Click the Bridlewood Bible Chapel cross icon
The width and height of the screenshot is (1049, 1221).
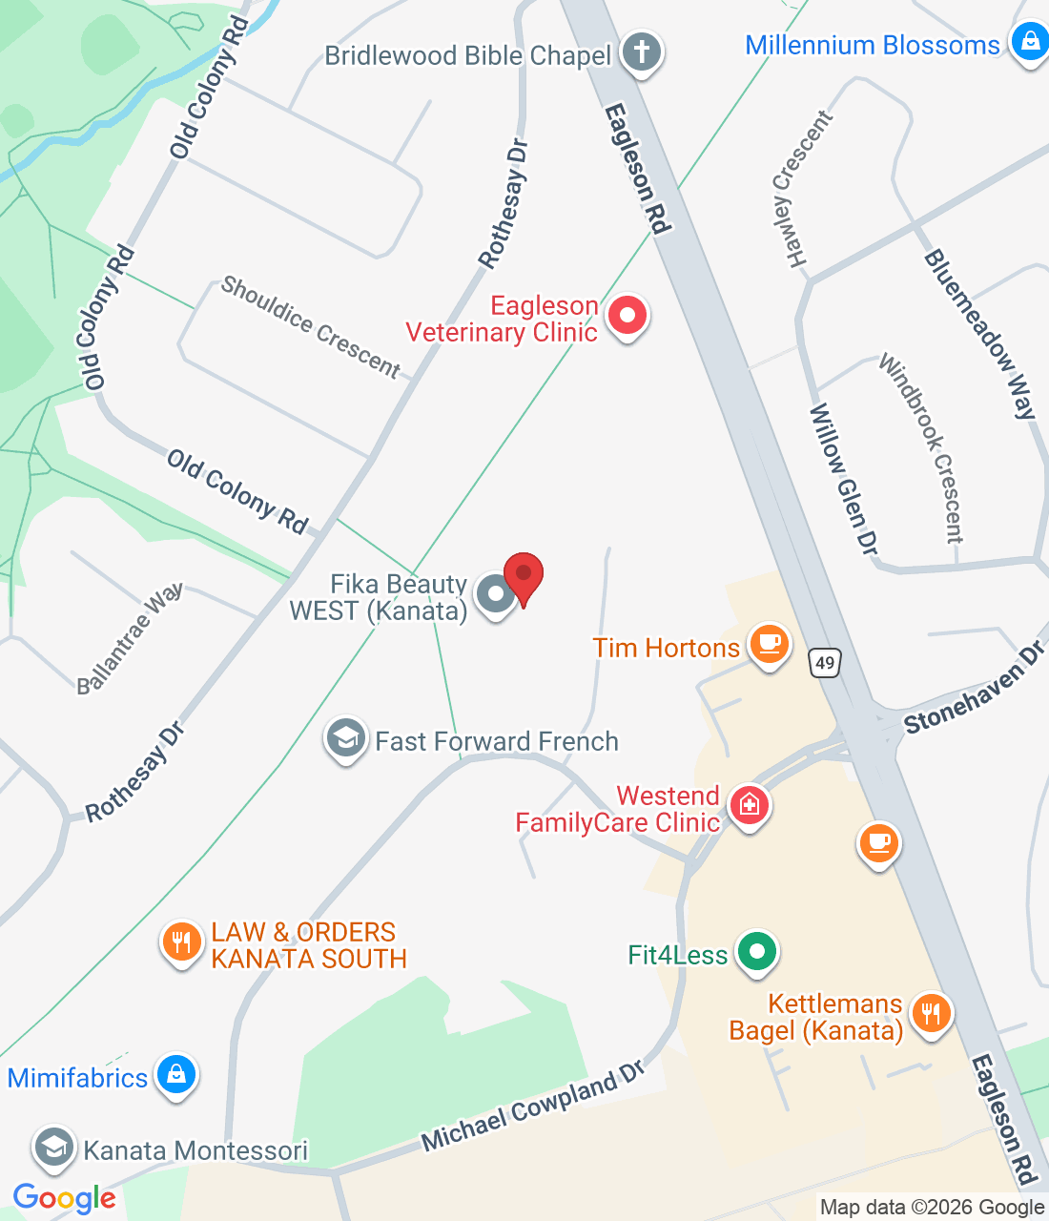point(642,52)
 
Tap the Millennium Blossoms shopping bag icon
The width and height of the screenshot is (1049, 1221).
point(1030,43)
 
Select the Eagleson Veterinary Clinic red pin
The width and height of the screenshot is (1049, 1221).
point(627,316)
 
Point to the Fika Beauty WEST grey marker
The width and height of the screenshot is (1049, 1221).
point(495,595)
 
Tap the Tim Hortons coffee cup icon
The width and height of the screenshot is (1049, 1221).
point(769,644)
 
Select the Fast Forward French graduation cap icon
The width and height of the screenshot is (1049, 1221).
point(345,737)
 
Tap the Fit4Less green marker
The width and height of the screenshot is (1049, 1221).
point(757,951)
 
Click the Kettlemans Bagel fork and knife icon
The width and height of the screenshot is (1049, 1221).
point(931,1013)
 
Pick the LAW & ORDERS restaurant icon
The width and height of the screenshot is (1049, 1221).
point(180,942)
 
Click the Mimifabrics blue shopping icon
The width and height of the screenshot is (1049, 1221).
point(175,1075)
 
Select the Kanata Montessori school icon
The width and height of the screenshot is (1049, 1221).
point(54,1149)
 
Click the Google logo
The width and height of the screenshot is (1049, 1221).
point(65,1198)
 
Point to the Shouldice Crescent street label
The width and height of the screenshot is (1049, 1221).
point(311,327)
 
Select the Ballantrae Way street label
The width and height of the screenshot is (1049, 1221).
point(130,638)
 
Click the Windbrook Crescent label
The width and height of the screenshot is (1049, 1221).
point(921,448)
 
